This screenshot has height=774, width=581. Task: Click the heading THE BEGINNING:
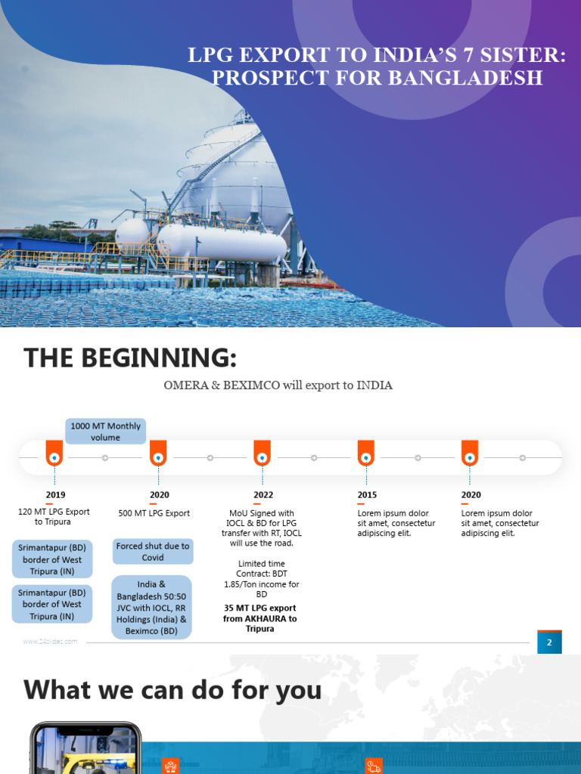point(130,358)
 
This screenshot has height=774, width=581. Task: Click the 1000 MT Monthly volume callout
point(106,431)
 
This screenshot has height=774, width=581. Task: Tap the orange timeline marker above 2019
point(54,454)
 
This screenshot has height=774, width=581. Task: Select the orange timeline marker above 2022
point(263,454)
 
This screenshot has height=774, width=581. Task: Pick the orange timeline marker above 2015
point(366,454)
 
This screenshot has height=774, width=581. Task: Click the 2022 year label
point(263,494)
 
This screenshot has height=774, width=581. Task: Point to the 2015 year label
point(367,494)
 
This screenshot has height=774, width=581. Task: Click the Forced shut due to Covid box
point(153,551)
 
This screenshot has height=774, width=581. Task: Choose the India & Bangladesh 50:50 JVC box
point(151,607)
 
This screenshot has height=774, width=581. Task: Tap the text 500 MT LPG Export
point(154,513)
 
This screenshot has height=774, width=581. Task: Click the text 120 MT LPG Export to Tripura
point(54,517)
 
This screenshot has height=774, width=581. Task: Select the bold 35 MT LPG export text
point(260,618)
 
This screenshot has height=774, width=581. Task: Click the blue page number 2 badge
point(549,642)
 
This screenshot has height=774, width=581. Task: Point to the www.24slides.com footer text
point(50,641)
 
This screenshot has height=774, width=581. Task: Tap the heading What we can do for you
point(172,690)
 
